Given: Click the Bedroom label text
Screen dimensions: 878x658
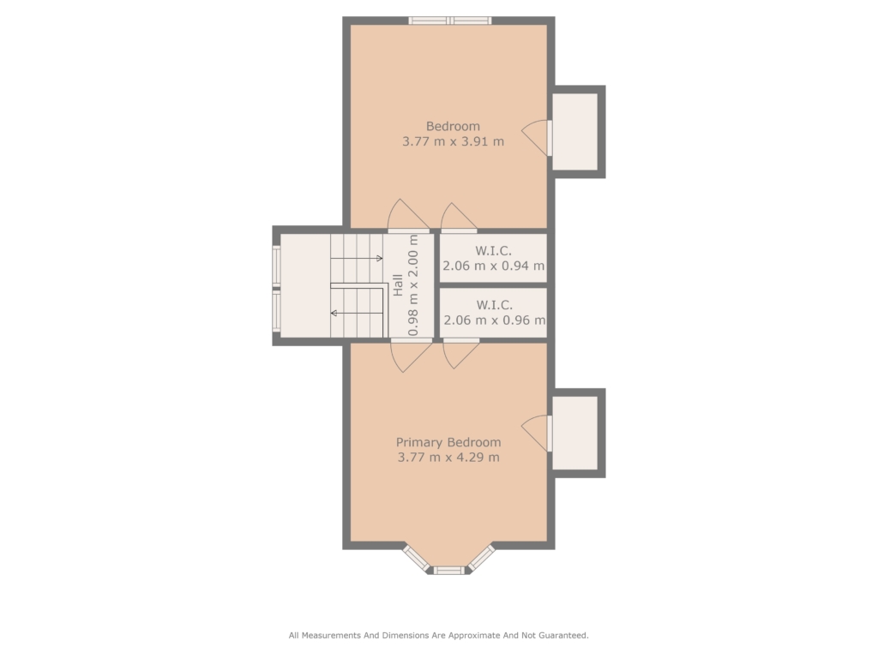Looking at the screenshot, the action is point(453,127).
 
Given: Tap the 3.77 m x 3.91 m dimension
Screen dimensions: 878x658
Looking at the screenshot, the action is point(453,141).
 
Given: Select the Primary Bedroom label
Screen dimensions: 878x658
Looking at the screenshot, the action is point(448,442).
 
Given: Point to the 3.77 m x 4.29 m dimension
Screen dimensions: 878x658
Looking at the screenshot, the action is point(448,458).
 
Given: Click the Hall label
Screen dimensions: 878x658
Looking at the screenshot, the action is point(398,284).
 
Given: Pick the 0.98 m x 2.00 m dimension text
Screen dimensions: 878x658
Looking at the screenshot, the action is point(413,284).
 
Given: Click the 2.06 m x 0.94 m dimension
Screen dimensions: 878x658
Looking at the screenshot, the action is point(493,266).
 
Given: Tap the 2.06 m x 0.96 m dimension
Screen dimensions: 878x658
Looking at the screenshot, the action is point(495,320).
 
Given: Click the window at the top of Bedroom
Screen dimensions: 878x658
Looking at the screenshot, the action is point(449,21).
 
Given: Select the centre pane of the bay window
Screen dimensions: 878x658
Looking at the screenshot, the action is point(449,570).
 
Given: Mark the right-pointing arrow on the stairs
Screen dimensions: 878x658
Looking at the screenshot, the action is point(357,258).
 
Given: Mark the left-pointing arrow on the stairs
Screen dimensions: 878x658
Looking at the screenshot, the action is point(358,313).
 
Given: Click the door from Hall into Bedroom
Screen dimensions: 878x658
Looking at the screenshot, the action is point(409,215).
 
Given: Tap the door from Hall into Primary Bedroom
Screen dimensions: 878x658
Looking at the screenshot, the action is point(411,356).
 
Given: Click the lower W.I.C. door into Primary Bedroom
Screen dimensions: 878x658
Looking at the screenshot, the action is point(461,354).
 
